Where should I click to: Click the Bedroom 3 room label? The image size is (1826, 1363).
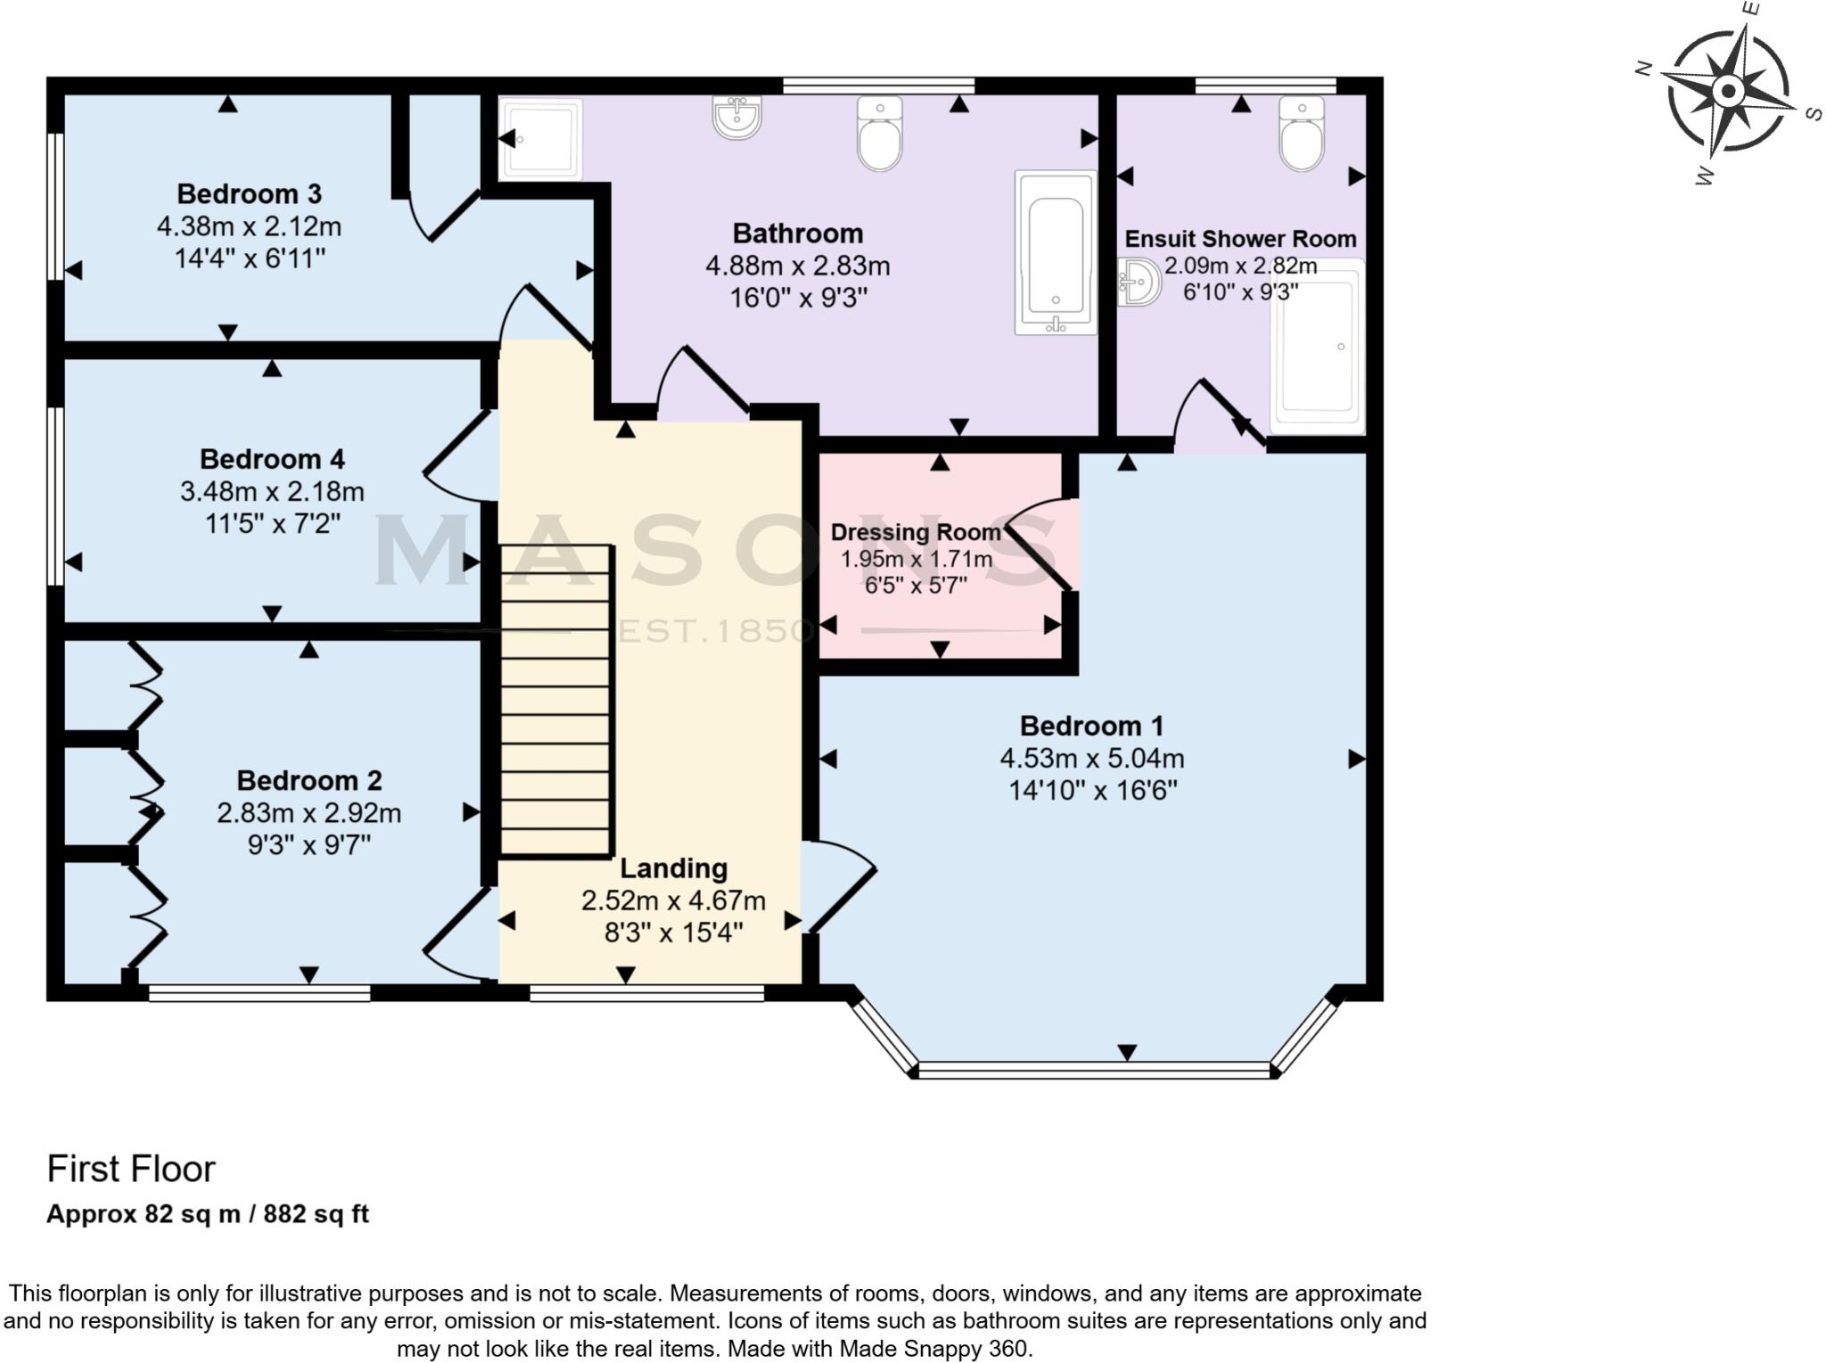click(x=249, y=193)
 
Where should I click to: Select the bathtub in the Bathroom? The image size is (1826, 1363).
click(x=1056, y=252)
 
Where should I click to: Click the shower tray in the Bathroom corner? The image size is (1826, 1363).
click(x=540, y=138)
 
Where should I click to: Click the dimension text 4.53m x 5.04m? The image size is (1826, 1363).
click(x=1091, y=759)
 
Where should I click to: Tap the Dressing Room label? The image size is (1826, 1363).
click(x=916, y=532)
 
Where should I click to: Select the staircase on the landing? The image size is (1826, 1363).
click(x=556, y=701)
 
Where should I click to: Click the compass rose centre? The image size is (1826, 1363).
click(x=1728, y=91)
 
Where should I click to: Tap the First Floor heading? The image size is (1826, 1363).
click(x=131, y=1169)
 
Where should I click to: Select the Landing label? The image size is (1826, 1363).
click(x=673, y=867)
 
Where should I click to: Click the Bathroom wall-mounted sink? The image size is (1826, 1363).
click(x=736, y=119)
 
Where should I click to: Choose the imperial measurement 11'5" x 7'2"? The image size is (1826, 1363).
click(x=272, y=523)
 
